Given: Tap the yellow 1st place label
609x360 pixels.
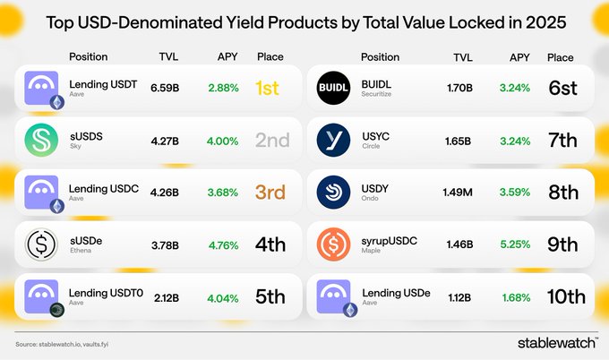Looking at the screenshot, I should click(x=268, y=89).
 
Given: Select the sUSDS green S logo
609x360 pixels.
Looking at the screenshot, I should click(x=40, y=141).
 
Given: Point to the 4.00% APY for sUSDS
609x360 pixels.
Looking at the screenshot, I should click(x=223, y=141).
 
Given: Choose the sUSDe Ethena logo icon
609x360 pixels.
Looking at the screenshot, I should click(x=40, y=243).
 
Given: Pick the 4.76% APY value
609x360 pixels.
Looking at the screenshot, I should click(x=223, y=243).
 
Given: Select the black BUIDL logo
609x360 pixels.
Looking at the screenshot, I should click(x=333, y=89).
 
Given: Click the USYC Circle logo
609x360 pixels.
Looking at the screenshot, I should click(x=333, y=141).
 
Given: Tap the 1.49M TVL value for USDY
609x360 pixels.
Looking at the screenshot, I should click(x=457, y=192).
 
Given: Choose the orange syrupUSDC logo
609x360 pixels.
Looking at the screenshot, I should click(x=333, y=243).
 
